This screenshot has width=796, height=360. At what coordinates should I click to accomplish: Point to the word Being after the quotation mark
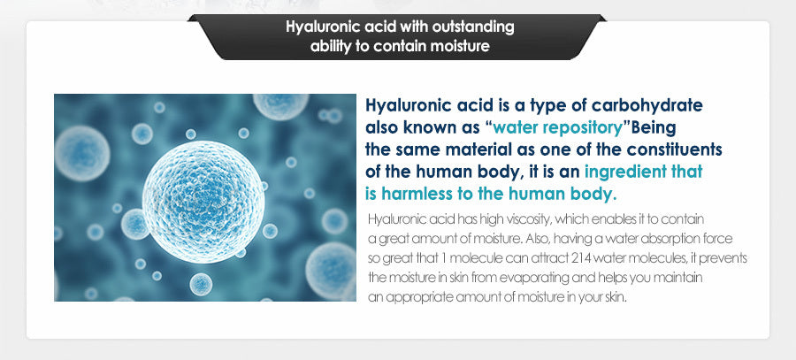click(x=654, y=128)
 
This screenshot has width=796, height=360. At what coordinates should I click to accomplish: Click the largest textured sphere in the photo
click(x=203, y=202)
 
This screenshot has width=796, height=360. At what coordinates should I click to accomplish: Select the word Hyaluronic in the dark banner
click(x=315, y=27)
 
